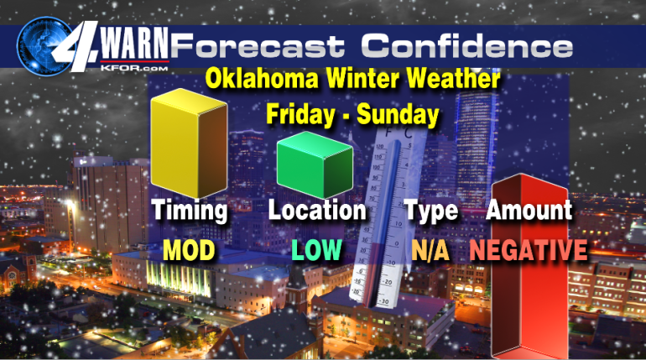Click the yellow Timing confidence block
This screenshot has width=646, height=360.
point(189,143)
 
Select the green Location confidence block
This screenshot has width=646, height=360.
point(315,164)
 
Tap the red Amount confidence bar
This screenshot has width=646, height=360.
point(530,266)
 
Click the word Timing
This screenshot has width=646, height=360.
point(190,211)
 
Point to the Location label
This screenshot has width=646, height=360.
point(317,210)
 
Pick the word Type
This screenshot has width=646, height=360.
point(431,211)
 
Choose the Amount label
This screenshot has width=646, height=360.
point(529,210)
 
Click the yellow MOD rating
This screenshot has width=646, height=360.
point(189,250)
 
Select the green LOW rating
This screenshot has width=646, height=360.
point(316,249)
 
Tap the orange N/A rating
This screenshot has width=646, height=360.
point(430,250)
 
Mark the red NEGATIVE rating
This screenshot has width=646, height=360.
point(529,250)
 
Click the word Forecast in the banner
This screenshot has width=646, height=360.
point(257,45)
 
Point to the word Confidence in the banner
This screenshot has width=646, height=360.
point(467,45)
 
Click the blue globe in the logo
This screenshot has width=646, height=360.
point(44,46)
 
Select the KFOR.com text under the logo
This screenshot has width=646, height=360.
point(134,68)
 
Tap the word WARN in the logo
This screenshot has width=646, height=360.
point(135,44)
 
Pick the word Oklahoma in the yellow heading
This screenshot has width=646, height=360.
point(262,78)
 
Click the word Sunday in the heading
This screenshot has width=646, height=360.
point(398,114)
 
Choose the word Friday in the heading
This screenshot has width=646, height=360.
point(300,113)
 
